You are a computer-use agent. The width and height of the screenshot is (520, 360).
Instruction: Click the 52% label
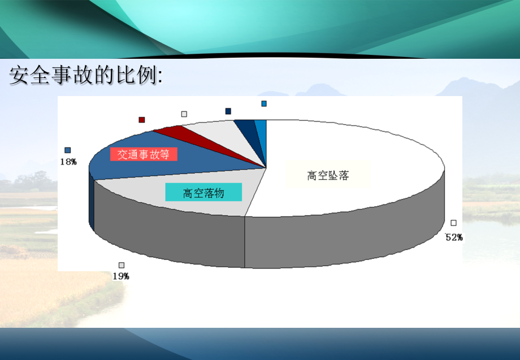tap(454, 237)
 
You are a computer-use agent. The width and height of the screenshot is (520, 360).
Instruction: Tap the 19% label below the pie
tap(121, 276)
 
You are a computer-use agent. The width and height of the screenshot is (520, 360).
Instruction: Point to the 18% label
tap(68, 162)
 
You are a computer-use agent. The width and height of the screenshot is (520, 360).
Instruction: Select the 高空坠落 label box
tap(328, 175)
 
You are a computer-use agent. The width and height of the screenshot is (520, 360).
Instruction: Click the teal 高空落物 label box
tap(203, 193)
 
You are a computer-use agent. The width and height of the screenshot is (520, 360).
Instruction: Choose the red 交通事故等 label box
tap(144, 154)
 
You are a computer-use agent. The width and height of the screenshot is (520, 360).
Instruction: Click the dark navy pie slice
tap(246, 129)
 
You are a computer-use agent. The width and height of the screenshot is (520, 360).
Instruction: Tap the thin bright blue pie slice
tap(261, 130)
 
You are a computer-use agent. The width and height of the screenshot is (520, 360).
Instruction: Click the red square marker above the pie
tap(142, 120)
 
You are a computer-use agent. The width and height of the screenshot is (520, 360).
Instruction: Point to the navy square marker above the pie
tap(228, 111)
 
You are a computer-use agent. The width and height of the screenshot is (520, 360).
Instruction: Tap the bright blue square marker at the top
tap(264, 103)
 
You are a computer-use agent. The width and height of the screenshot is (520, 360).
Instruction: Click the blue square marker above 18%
tap(68, 150)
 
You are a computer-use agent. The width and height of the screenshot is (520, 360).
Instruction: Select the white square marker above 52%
tap(453, 223)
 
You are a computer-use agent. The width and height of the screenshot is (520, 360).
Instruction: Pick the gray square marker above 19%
tap(122, 265)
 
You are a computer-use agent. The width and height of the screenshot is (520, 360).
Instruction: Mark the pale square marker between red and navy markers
tap(184, 114)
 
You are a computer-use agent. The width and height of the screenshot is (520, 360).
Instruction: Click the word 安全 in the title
tap(27, 75)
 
